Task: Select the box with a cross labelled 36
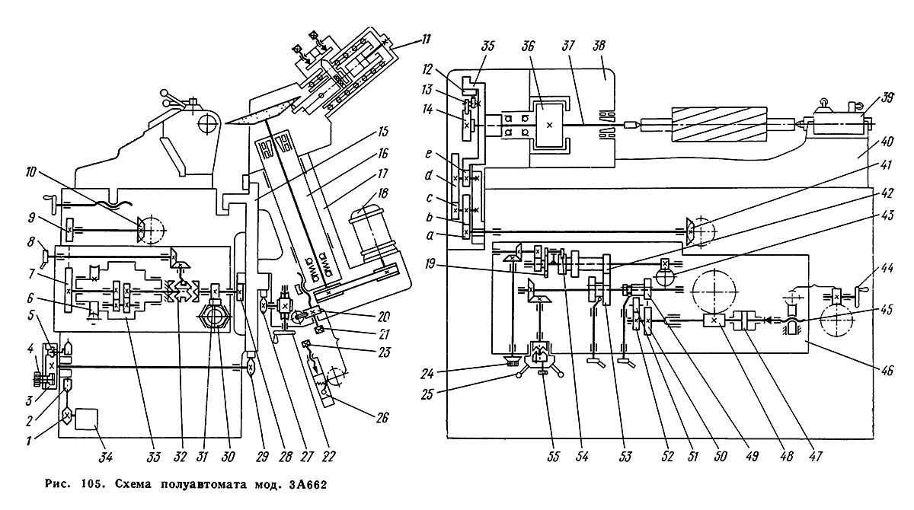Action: (x=548, y=123)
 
